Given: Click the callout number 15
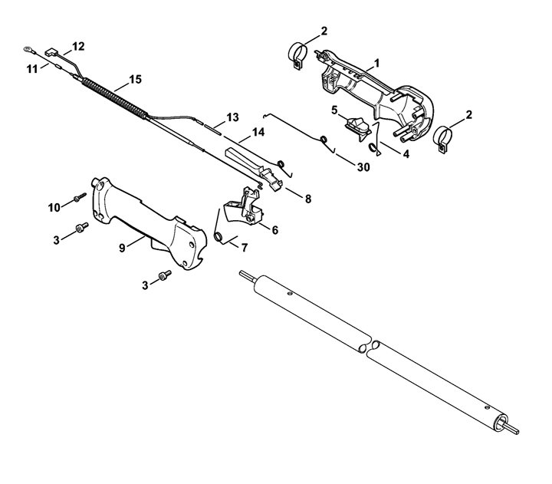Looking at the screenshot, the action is click(x=135, y=79).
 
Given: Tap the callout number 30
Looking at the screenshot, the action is click(x=363, y=167).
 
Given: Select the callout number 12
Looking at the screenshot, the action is click(x=78, y=47).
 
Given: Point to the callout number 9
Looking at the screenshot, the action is click(x=122, y=248).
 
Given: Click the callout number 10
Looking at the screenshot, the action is click(x=54, y=208).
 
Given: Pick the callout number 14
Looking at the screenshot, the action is click(x=258, y=132).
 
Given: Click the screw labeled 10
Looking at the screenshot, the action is click(x=80, y=197).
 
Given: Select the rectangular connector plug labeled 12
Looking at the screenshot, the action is click(x=51, y=52).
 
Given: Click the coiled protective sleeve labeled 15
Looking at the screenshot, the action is click(x=114, y=99).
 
